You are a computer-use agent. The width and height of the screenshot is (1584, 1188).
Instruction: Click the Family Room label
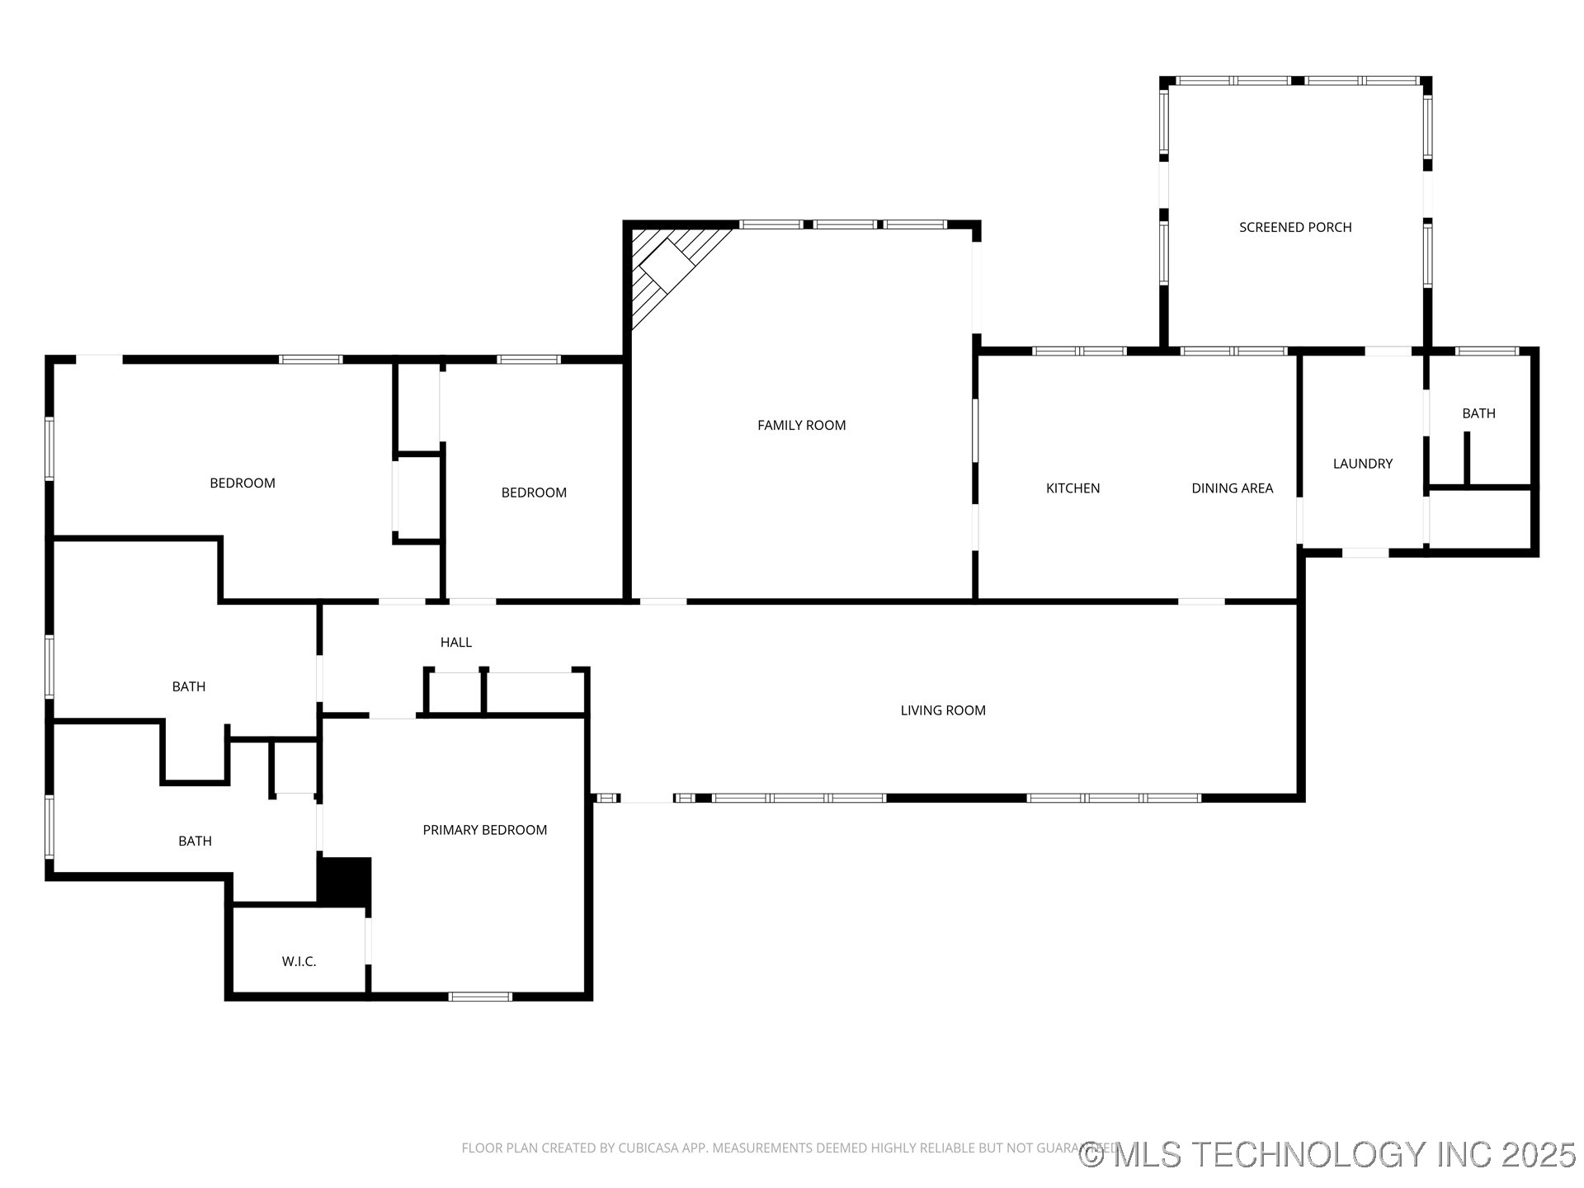pyautogui.click(x=801, y=425)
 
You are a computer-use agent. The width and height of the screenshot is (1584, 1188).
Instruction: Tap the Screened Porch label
pyautogui.click(x=1294, y=227)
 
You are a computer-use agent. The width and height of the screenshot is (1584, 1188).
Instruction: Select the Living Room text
pyautogui.click(x=942, y=710)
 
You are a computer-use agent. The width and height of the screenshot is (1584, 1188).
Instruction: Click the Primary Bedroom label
pyautogui.click(x=484, y=830)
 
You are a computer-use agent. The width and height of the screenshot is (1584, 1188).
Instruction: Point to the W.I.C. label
pyautogui.click(x=299, y=961)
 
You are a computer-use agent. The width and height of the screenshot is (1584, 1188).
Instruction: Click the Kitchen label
pyautogui.click(x=1072, y=488)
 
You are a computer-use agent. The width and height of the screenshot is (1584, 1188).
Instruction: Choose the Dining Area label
pyautogui.click(x=1232, y=488)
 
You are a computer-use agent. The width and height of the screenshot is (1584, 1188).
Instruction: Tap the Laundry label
pyautogui.click(x=1362, y=464)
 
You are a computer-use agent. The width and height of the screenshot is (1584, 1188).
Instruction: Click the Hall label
pyautogui.click(x=455, y=642)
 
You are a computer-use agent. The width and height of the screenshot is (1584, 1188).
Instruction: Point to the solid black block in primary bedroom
pyautogui.click(x=345, y=882)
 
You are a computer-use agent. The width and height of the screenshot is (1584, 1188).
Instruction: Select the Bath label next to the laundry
pyautogui.click(x=1478, y=413)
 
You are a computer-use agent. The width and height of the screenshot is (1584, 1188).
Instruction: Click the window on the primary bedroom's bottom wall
pyautogui.click(x=480, y=997)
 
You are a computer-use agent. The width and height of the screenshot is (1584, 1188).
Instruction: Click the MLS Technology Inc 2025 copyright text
pyautogui.click(x=1327, y=1154)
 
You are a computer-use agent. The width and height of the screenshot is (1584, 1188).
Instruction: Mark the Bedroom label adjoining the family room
pyautogui.click(x=534, y=493)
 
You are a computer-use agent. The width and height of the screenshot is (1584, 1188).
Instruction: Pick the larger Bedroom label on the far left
pyautogui.click(x=242, y=483)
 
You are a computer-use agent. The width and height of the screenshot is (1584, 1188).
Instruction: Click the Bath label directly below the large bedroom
pyautogui.click(x=188, y=686)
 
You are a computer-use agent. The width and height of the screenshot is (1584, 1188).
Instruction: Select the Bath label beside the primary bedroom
pyautogui.click(x=195, y=841)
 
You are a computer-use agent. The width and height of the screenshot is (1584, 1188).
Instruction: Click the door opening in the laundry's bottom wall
pyautogui.click(x=1365, y=553)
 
